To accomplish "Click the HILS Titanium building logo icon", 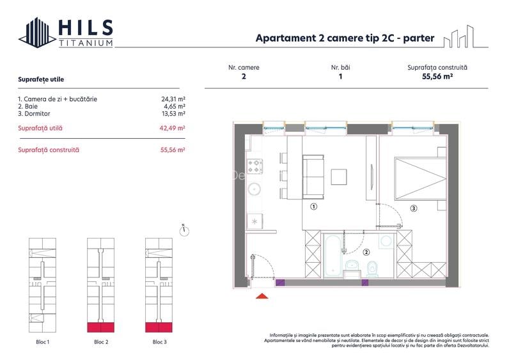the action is tap(37, 33).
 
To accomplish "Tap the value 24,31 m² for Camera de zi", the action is tap(173, 99).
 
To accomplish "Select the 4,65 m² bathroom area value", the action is tap(175, 107).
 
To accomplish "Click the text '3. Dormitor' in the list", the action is tap(34, 114).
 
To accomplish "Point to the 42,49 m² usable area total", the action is tap(172, 129).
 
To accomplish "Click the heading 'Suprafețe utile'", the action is tap(41, 79).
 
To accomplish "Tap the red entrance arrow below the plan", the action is tap(262, 295).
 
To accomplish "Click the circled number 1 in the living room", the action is tap(313, 207).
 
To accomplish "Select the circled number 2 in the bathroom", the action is tap(366, 252).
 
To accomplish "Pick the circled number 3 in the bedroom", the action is tap(414, 208).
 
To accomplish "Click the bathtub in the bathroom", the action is tap(333, 255).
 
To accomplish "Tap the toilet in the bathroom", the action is tap(372, 269).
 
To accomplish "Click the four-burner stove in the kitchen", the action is tap(255, 166).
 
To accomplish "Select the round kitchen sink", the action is tap(254, 189).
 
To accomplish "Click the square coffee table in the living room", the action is tap(339, 177).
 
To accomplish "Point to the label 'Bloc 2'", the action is tap(101, 342).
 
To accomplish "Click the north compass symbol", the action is tap(184, 230).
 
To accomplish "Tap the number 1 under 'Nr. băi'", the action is tap(341, 77).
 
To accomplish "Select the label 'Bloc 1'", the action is tap(43, 342).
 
